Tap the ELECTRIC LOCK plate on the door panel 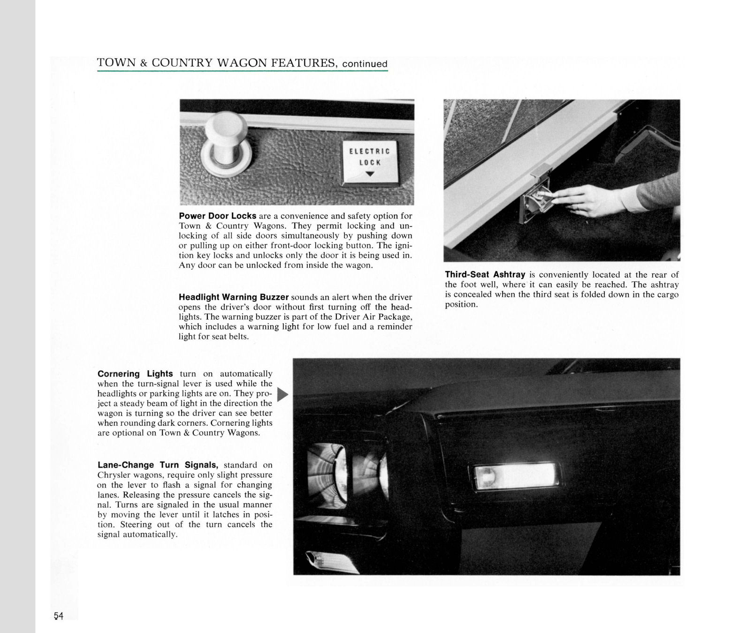tap(370, 162)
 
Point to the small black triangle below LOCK tap(370, 174)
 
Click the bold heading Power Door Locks tap(217, 216)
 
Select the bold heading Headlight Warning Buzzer tap(233, 297)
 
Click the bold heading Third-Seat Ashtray tap(485, 275)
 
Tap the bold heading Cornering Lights tap(135, 374)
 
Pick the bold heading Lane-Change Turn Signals tap(158, 465)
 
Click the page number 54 tap(59, 616)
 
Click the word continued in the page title tap(365, 64)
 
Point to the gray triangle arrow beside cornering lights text tap(282, 395)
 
